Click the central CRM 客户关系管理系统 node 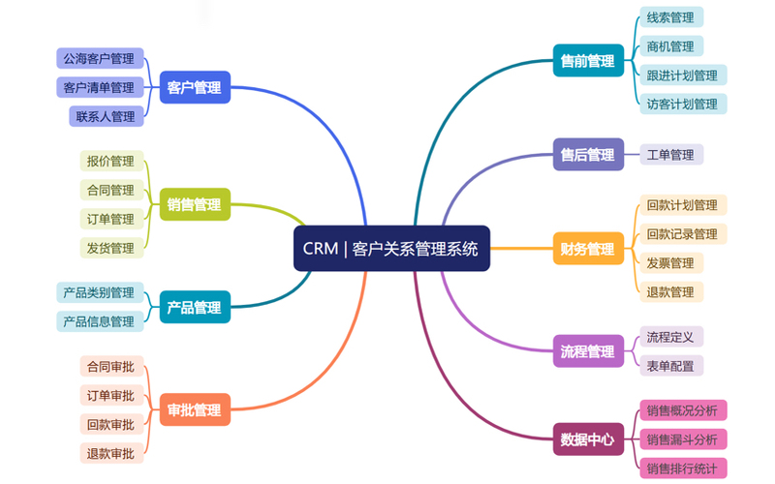pos(390,249)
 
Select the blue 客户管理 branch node pos(194,87)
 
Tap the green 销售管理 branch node pos(194,204)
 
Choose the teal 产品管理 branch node pos(194,308)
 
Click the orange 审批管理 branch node pos(194,409)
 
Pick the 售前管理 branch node pos(588,61)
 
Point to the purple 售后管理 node pos(588,154)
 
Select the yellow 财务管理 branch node pos(588,249)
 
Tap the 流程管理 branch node pos(588,350)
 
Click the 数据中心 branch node pos(588,439)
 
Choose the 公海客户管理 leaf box pos(99,58)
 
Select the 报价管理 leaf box pos(110,161)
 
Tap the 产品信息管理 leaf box pos(99,321)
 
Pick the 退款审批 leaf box pos(110,453)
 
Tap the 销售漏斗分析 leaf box pos(682,439)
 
